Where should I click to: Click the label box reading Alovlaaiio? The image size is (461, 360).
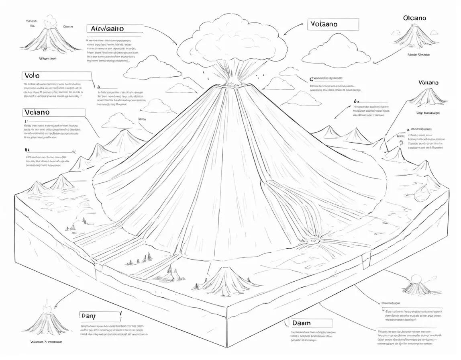[115, 29]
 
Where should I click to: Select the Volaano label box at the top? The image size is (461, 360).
[333, 24]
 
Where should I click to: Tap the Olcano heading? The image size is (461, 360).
[415, 18]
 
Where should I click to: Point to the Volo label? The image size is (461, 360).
[57, 76]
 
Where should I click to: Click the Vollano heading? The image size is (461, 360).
[428, 82]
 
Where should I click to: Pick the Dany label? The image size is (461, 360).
[100, 315]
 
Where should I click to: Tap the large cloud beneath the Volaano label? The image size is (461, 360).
[336, 48]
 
